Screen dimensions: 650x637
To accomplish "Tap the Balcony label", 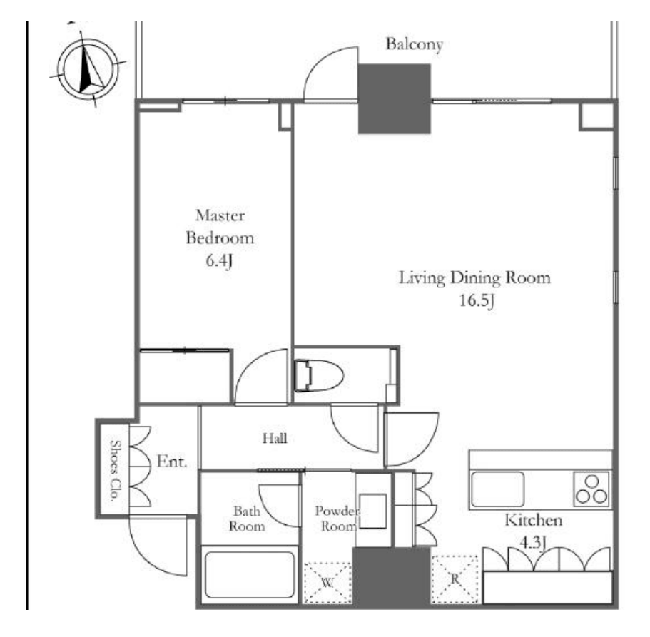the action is pos(414,44).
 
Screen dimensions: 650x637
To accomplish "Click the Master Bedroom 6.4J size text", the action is pos(219,260).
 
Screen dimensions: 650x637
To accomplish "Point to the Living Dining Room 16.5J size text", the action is pos(477,300).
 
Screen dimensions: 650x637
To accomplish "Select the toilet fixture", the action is pos(319,375).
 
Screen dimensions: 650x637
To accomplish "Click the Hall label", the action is pos(275,438).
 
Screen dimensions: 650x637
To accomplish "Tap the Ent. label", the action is pos(172,462).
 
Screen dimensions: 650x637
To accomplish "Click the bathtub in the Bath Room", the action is pos(250,575).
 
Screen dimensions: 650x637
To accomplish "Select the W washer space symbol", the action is pos(327,583).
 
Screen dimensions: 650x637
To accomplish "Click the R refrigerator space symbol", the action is pos(455,579).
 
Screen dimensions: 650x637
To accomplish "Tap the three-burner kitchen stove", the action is pos(591,489).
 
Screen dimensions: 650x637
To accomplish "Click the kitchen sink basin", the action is pos(497,489).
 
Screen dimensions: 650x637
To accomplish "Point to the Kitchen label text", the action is pos(534,520).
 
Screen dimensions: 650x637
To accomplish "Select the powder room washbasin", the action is pos(372,511).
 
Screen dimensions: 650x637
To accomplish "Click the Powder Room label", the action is pos(337,519).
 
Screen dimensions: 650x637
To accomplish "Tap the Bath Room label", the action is pos(247,519).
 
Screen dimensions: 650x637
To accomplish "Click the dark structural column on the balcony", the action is pos(395,98).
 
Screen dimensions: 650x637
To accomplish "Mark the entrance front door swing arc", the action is pos(158,549).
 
